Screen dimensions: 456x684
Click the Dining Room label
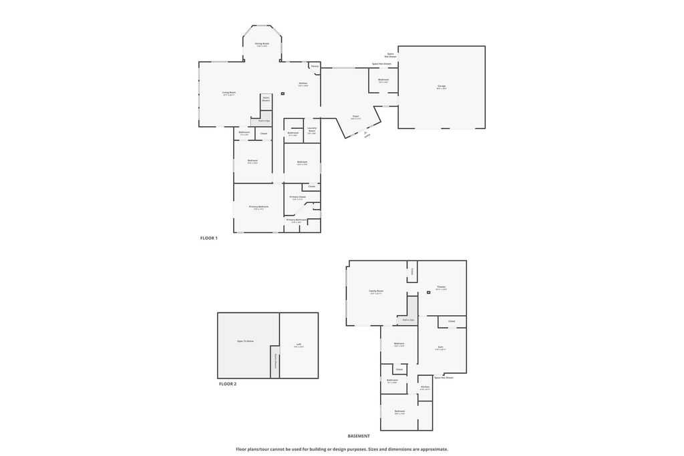(262, 44)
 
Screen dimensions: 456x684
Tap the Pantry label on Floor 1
(314, 67)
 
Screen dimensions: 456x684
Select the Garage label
(442, 86)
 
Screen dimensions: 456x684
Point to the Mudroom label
(383, 80)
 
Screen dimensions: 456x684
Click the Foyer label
(355, 117)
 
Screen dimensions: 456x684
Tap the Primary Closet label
(297, 197)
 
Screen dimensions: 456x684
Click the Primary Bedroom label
(259, 207)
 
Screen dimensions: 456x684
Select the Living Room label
(229, 93)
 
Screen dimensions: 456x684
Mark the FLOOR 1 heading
(209, 238)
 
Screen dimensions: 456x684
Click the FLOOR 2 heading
(228, 384)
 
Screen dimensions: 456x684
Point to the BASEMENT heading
(359, 435)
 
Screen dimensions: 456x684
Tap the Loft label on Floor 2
(299, 345)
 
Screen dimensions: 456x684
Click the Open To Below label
(245, 341)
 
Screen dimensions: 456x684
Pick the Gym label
(441, 347)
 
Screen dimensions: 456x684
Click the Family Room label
(377, 291)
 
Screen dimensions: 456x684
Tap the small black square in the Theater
(428, 292)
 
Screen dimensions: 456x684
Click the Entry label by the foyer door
(367, 136)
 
